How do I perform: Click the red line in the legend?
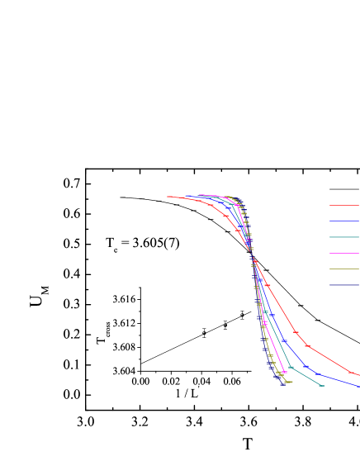tap(344, 205)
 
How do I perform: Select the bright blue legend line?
tap(344, 221)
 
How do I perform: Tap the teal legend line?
tap(344, 237)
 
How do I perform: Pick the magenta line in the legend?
tap(344, 253)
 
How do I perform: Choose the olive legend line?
tap(344, 269)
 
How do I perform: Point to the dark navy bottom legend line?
tap(344, 285)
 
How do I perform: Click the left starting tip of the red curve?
tap(168, 197)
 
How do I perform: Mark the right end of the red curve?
tap(359, 375)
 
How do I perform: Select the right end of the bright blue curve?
tap(359, 386)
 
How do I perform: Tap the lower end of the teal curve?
tap(324, 386)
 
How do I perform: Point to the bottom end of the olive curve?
tap(291, 382)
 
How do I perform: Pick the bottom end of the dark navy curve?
tap(283, 382)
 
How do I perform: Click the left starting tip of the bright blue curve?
tap(185, 196)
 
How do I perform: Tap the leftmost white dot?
tap(203, 332)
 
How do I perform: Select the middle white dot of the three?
tap(224, 325)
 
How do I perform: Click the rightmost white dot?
tap(241, 314)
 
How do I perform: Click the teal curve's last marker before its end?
tap(291, 367)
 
